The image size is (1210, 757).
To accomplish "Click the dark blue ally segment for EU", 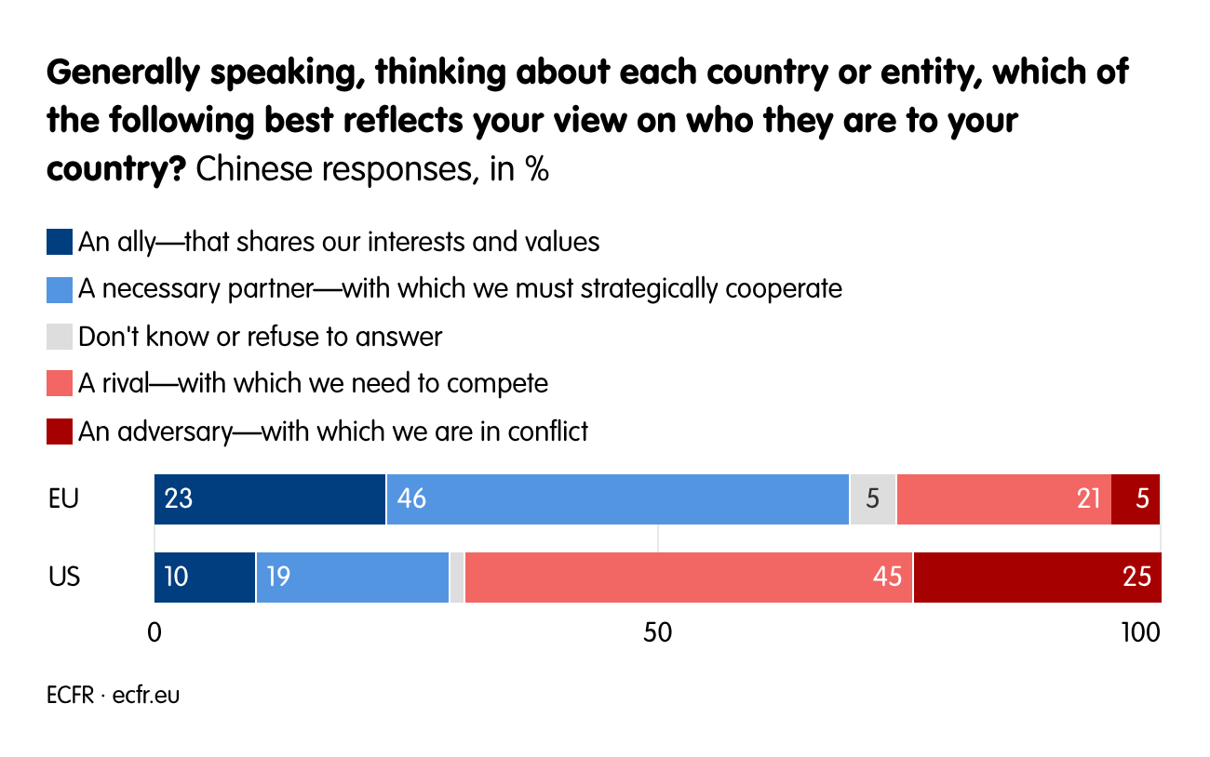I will pos(270,499).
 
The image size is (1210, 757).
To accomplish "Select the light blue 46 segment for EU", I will pos(617,499).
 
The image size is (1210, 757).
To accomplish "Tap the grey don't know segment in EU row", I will pos(873,499).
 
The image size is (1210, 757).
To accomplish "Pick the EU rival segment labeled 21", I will pos(1003,499).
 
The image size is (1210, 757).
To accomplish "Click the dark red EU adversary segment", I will pos(1136,499).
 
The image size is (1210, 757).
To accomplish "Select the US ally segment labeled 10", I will pos(205,577).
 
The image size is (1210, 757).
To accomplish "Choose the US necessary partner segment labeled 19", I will pos(352,577).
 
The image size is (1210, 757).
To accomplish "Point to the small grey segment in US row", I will pos(457,577).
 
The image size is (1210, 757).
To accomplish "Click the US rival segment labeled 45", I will pos(689,577).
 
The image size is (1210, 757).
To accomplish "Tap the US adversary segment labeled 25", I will pos(1037,577).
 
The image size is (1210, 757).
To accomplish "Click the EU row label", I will pos(63,499).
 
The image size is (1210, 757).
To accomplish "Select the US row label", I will pos(64,577).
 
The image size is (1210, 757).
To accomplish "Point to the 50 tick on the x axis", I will pos(657,632).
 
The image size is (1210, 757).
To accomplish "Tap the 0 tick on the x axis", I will pos(155,632).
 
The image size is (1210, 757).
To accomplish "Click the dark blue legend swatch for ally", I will pos(59,243).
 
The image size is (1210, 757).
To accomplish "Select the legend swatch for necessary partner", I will pos(59,290).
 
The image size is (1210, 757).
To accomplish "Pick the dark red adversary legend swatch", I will pos(59,432).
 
